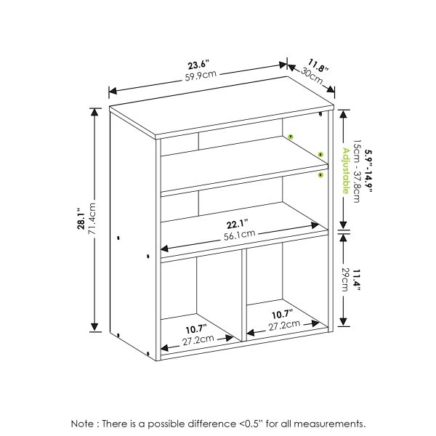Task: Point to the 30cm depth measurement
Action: pyautogui.click(x=311, y=74)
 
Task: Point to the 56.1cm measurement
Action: pyautogui.click(x=239, y=233)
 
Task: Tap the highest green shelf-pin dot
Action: pyautogui.click(x=289, y=135)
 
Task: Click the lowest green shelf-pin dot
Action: pyautogui.click(x=320, y=175)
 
